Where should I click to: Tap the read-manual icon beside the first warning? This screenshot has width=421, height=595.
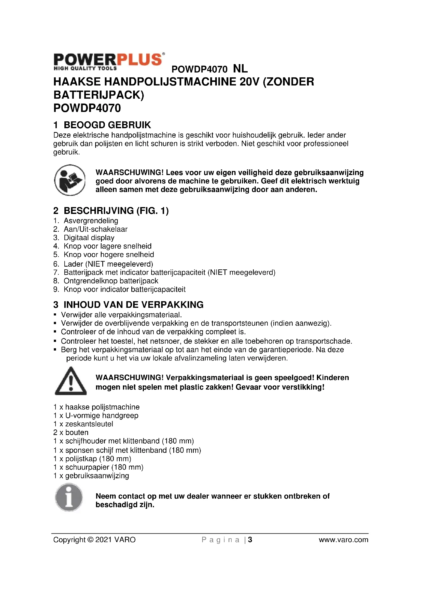70,180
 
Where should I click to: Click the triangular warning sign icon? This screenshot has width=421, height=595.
71,381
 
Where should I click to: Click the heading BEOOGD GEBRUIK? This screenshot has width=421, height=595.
107,125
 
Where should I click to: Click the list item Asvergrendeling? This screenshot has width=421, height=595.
91,221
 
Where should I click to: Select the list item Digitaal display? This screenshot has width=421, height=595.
89,238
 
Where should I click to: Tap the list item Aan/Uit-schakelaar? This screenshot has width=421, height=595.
95,229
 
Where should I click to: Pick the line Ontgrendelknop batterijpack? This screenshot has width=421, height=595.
111,281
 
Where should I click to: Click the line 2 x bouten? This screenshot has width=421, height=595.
71,432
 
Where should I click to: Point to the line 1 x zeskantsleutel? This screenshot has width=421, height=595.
83,424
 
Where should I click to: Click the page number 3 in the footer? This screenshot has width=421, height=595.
250,540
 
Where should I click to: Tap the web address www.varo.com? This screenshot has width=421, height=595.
343,540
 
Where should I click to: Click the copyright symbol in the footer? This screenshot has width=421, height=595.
90,540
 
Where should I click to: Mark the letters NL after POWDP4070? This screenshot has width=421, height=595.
240,69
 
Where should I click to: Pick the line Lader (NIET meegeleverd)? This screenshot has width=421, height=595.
108,264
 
